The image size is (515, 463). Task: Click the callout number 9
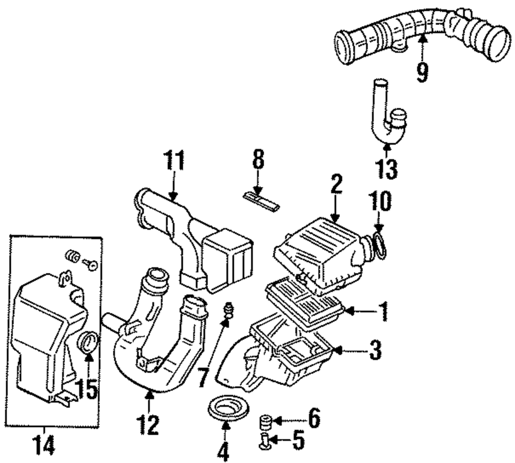tap(422, 72)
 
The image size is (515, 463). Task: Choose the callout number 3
tap(375, 350)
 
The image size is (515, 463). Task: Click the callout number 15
tap(87, 388)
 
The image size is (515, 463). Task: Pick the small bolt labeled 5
tap(265, 441)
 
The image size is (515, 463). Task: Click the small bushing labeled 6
tap(266, 422)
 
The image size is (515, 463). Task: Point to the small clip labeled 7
tap(228, 311)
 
